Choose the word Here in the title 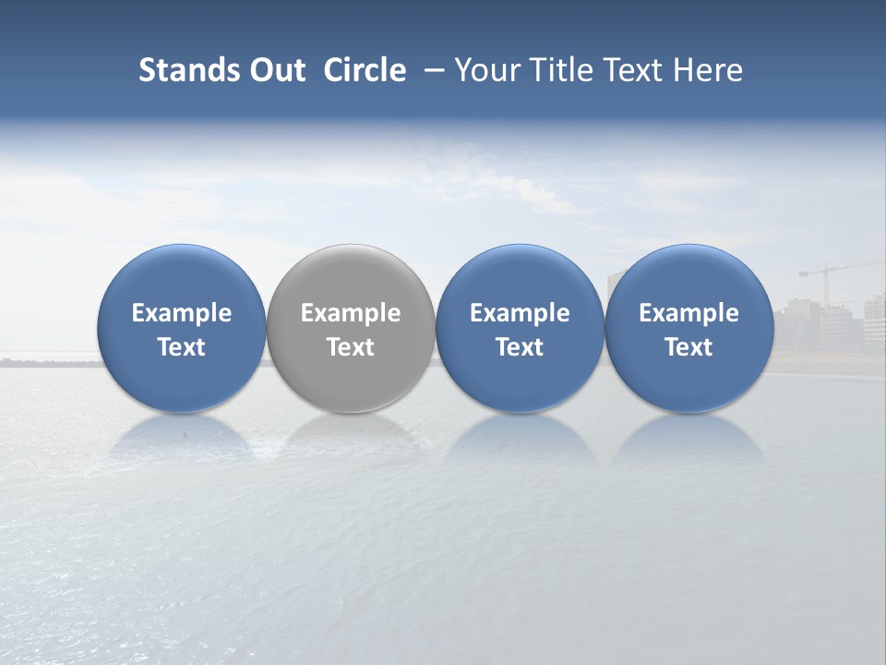point(708,70)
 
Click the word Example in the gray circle point(351,313)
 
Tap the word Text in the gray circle point(351,347)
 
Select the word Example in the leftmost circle point(182,313)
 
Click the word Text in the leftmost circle point(182,347)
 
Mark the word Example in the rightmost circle point(688,313)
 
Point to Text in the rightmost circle point(688,347)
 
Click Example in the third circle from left point(520,313)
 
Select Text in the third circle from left point(520,347)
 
